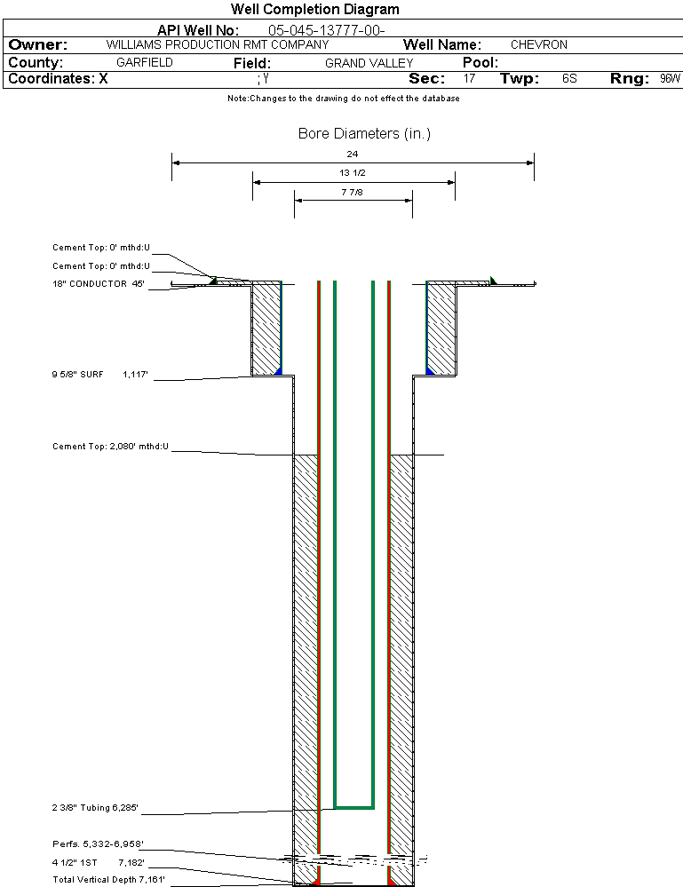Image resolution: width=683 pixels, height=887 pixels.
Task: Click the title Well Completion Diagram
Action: (314, 10)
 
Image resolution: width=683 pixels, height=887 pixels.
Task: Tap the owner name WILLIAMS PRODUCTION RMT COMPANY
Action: (218, 44)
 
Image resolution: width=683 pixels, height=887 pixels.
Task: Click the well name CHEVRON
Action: (538, 44)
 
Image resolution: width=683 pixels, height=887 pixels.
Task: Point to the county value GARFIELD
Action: (145, 63)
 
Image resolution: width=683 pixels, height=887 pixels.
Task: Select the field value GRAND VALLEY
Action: (369, 63)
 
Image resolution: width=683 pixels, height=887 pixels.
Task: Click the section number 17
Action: (469, 79)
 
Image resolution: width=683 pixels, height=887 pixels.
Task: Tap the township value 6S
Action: (569, 79)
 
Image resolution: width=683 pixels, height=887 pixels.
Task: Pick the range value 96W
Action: (670, 79)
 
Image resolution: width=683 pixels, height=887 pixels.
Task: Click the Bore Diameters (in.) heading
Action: (364, 134)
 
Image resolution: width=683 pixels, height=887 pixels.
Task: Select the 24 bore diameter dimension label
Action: (353, 154)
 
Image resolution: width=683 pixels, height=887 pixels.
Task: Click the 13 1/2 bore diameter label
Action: (353, 172)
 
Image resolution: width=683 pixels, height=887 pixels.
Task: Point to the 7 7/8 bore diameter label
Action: (353, 191)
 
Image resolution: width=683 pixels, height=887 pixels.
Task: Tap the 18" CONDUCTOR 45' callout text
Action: (99, 284)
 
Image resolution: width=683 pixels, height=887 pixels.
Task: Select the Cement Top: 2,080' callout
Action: (110, 446)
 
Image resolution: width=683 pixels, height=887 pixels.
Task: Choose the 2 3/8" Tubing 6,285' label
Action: (95, 808)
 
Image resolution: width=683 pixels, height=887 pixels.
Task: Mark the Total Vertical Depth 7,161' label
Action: (109, 879)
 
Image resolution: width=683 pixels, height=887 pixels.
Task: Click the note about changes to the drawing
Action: (343, 99)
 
